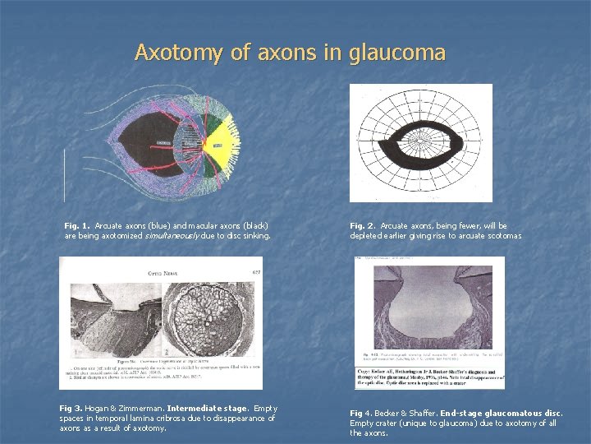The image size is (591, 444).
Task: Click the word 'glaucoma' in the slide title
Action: click(397, 53)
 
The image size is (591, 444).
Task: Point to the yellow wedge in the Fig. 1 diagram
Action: click(217, 145)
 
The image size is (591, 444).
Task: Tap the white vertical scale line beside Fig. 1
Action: click(65, 176)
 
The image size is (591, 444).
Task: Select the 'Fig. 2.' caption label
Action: click(362, 225)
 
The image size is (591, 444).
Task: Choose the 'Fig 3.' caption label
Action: click(71, 408)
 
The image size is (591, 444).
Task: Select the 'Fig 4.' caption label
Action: click(361, 413)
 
